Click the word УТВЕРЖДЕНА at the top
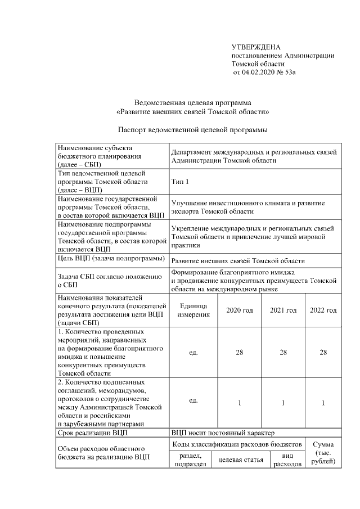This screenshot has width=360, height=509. [x=256, y=47]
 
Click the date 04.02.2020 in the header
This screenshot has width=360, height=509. [x=256, y=73]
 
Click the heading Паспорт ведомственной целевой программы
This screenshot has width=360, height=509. [x=192, y=130]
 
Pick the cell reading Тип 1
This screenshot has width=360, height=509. [x=181, y=182]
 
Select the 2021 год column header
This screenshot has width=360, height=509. [x=283, y=310]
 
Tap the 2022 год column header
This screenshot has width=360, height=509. [x=323, y=310]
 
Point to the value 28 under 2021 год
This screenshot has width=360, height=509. [x=283, y=352]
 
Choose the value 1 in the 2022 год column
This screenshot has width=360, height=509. [x=323, y=403]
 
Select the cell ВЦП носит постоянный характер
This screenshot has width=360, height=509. [x=222, y=433]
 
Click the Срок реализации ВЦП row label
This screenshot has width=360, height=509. [x=93, y=433]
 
